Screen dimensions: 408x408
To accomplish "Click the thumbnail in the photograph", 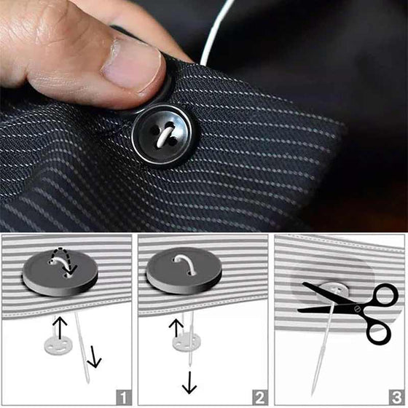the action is tap(133, 64).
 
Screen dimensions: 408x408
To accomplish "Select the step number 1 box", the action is tap(124, 397).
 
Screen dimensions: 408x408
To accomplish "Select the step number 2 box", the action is tap(260, 397).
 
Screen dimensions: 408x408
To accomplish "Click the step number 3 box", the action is tap(396, 397).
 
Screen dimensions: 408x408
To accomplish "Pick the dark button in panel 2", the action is tap(184, 270).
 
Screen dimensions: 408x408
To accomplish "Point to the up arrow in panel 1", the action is tap(60, 327).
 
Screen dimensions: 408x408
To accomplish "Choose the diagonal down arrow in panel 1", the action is tap(94, 356).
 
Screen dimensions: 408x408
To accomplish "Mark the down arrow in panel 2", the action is tap(189, 382).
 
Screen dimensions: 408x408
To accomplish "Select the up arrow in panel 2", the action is tap(176, 327).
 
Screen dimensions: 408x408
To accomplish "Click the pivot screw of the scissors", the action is tap(357, 309).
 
